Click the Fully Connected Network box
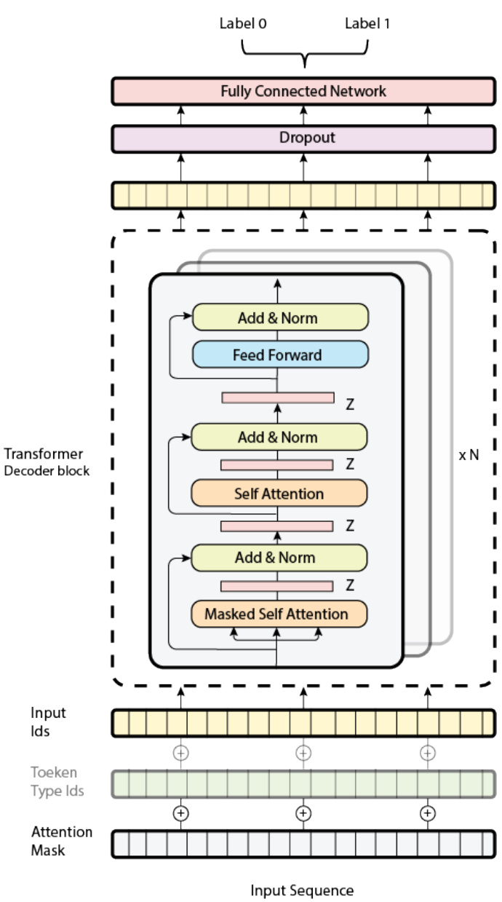point(303,92)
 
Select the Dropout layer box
point(303,138)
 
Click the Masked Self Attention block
point(277,614)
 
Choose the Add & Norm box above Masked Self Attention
point(277,558)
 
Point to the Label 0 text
point(242,23)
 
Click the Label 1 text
point(367,23)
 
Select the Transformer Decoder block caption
point(46,462)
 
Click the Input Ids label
point(47,721)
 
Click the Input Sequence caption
point(302,890)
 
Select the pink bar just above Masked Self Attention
point(276,585)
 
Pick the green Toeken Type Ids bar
point(303,784)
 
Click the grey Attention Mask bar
point(303,843)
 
